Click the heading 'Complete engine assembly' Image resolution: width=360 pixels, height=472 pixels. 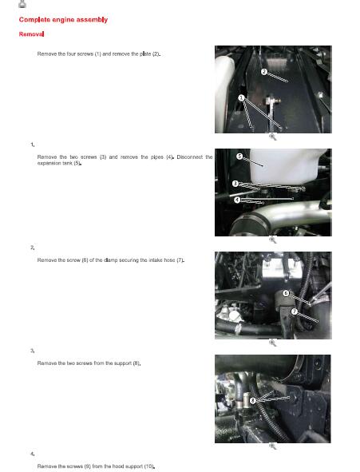[x=63, y=20]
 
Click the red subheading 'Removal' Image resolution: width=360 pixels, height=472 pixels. [x=31, y=34]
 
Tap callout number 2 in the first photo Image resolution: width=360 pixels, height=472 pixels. [x=263, y=72]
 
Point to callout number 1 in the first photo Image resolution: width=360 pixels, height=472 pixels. [x=241, y=97]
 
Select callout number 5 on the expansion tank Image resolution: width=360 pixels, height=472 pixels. [x=239, y=157]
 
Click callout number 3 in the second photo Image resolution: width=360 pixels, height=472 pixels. [x=235, y=184]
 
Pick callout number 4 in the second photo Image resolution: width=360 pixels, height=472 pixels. [x=237, y=200]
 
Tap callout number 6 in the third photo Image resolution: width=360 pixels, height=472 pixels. [x=286, y=293]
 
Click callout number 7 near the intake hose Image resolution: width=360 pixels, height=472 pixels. [x=295, y=311]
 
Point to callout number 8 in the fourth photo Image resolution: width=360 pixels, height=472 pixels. [x=252, y=400]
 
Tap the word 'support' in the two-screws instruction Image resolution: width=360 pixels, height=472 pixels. [x=123, y=363]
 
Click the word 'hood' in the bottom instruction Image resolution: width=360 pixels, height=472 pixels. [x=118, y=466]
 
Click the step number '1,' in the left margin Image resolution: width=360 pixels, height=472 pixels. [x=33, y=145]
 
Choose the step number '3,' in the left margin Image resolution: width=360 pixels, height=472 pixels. [x=33, y=351]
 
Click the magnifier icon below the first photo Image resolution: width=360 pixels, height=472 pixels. [x=272, y=137]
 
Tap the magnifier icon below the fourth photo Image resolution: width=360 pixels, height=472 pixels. [x=272, y=446]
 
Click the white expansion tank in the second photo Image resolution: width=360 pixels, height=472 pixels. [x=286, y=167]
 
